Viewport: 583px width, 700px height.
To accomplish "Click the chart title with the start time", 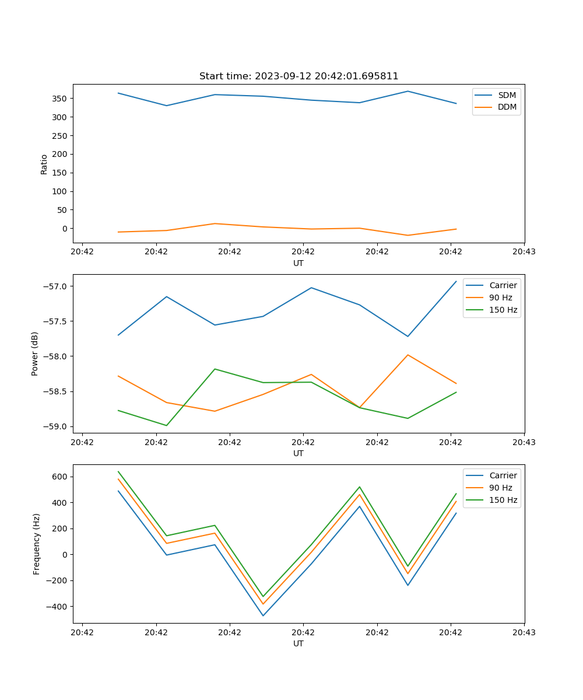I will click(298, 76).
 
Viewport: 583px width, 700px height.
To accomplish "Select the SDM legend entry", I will click(507, 95).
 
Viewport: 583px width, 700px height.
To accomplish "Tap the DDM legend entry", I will click(507, 107).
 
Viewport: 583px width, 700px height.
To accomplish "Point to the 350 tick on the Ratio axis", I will click(61, 99).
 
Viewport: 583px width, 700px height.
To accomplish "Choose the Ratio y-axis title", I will click(44, 164).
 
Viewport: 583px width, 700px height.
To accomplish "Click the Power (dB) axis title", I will click(35, 353).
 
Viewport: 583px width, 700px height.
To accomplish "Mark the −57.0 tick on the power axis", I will click(55, 286).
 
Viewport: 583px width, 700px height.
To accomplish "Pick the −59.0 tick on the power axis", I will click(55, 426).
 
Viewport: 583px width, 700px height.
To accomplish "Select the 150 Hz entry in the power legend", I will click(503, 310).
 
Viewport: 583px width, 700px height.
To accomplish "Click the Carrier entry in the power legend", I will click(503, 285).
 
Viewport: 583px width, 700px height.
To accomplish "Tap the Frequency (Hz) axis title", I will click(37, 544).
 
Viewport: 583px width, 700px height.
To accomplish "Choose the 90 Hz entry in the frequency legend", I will click(501, 488).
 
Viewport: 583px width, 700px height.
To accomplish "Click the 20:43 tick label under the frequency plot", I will click(524, 632).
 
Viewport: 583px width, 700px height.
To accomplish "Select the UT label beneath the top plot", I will click(298, 263).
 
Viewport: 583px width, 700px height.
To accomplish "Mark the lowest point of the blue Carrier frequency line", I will click(263, 615).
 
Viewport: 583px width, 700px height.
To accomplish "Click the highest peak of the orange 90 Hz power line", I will click(408, 355).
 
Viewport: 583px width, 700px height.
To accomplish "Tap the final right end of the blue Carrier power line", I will click(456, 282).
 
